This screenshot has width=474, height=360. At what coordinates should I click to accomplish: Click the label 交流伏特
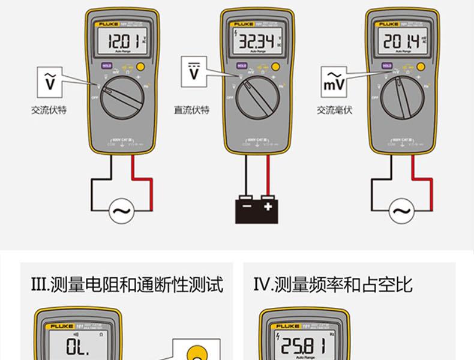click(x=49, y=110)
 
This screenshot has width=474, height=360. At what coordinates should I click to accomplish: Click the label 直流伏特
click(x=191, y=110)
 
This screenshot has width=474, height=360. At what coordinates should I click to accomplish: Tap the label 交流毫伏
click(x=334, y=110)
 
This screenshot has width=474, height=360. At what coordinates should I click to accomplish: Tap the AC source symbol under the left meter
click(x=122, y=211)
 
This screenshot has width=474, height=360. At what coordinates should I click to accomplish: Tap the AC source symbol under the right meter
click(x=401, y=211)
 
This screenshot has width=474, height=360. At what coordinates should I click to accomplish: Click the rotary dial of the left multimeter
click(x=122, y=97)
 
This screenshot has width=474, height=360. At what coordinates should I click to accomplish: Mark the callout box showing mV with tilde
click(x=334, y=82)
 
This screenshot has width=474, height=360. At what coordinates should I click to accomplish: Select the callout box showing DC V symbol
click(x=194, y=72)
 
